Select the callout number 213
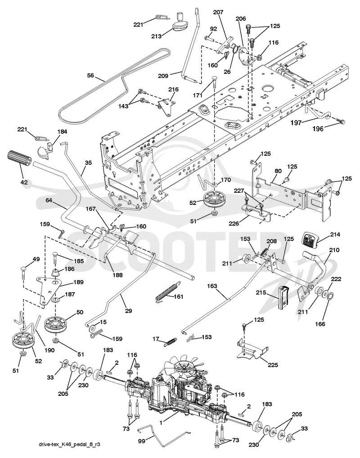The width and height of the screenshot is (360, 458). [156, 36]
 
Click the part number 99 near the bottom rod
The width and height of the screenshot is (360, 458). [141, 441]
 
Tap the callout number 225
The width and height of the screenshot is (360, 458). [273, 365]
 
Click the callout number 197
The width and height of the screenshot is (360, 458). [296, 122]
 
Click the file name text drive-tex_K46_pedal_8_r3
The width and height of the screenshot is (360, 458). [70, 444]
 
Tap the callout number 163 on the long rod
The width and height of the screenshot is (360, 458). [212, 286]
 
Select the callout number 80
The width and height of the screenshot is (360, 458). [278, 171]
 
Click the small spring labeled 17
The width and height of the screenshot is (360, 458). [170, 342]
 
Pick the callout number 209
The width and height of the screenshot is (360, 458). [163, 76]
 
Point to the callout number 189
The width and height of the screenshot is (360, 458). [78, 282]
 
